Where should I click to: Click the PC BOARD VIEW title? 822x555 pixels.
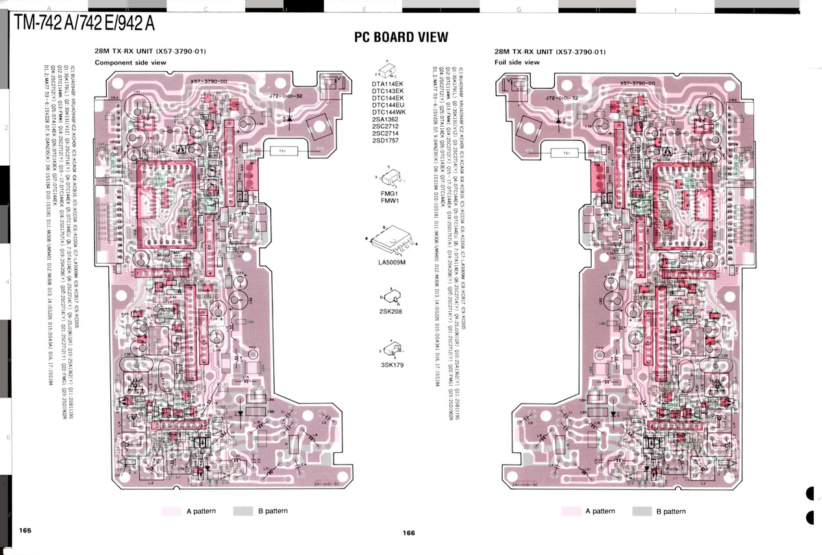pyautogui.click(x=401, y=37)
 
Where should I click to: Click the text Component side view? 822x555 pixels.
pyautogui.click(x=130, y=62)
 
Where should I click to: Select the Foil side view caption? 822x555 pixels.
pyautogui.click(x=516, y=62)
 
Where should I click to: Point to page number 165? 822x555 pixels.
pyautogui.click(x=25, y=530)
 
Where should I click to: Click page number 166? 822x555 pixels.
pyautogui.click(x=409, y=533)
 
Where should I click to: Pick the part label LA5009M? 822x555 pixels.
pyautogui.click(x=392, y=262)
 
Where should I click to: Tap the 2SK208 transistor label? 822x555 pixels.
pyautogui.click(x=391, y=312)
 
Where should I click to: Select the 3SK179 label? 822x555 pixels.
pyautogui.click(x=392, y=365)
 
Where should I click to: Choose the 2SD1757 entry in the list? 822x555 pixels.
pyautogui.click(x=388, y=140)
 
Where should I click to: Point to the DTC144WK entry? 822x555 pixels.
pyautogui.click(x=388, y=112)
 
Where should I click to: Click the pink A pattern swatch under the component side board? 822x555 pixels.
pyautogui.click(x=171, y=510)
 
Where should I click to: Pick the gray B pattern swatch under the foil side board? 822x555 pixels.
pyautogui.click(x=642, y=511)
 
